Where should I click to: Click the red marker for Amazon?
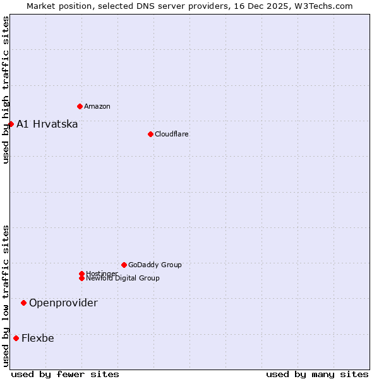[x=80, y=106]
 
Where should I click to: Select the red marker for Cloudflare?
[x=150, y=134]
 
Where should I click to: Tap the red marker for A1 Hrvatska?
[x=11, y=124]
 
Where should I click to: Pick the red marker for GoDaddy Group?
[x=124, y=265]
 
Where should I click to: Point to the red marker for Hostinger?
[x=81, y=274]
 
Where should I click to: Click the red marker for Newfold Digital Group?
[x=81, y=279]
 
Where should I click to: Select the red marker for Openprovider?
[x=23, y=303]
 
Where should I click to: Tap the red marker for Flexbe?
[x=16, y=338]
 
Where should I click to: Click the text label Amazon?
[x=97, y=106]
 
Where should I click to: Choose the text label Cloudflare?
[x=172, y=134]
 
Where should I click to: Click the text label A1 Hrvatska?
[x=47, y=124]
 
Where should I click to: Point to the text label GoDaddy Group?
[x=155, y=265]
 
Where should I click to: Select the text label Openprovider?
[x=63, y=303]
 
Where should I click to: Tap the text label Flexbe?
[x=38, y=338]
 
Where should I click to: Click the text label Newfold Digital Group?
[x=123, y=279]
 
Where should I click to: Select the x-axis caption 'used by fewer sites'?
[x=65, y=374]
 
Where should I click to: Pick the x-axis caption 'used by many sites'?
[x=317, y=374]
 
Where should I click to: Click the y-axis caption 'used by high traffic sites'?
[x=6, y=90]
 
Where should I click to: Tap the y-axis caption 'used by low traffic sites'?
[x=6, y=296]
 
